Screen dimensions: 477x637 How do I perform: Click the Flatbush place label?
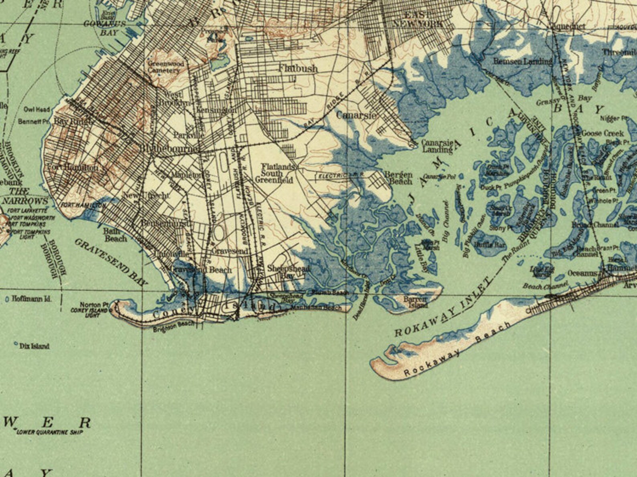tap(298, 68)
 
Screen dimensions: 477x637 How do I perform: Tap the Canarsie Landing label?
tap(437, 147)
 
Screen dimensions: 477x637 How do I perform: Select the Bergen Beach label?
tap(398, 178)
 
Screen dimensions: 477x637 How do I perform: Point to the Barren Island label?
tap(415, 302)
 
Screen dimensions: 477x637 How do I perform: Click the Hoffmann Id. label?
tap(31, 299)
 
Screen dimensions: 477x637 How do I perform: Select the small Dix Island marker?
tap(16, 344)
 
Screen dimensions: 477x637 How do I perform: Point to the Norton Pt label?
tap(94, 305)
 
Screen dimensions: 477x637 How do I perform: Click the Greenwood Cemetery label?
tap(166, 67)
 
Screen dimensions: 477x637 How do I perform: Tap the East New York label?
tap(417, 20)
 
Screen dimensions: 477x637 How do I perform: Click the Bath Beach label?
tap(115, 235)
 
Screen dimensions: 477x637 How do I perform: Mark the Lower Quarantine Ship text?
tap(49, 432)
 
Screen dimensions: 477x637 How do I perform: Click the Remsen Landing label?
tap(522, 61)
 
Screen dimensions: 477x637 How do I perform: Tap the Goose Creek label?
tap(603, 133)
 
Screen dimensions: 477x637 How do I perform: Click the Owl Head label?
tap(37, 109)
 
